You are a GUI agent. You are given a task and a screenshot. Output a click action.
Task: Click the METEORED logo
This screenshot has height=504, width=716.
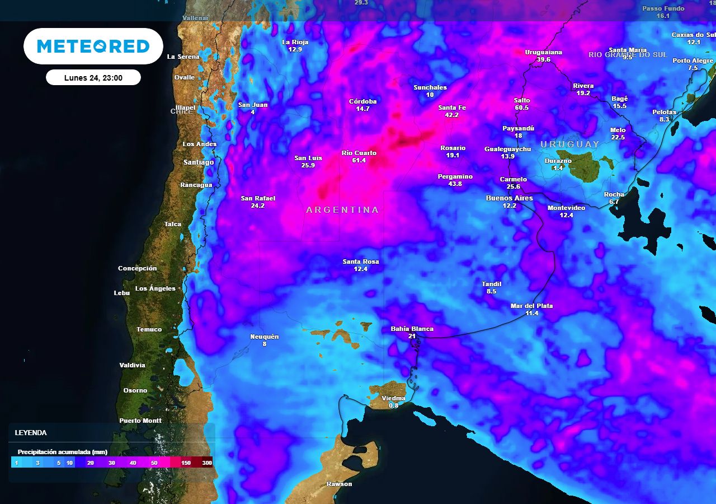click(x=93, y=46)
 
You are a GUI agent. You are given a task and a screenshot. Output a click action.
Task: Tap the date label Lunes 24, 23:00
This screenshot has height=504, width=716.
click(x=93, y=78)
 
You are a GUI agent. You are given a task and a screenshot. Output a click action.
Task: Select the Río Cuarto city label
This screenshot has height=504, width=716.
click(x=359, y=153)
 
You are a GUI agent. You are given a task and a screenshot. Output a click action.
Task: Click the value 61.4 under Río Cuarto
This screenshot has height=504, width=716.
click(x=359, y=160)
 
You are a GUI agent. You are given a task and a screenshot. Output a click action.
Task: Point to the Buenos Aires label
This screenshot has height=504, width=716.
click(x=509, y=198)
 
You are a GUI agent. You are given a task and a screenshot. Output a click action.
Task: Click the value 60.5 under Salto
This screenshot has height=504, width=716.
click(x=521, y=108)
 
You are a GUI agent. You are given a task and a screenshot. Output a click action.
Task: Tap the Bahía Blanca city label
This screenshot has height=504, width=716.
click(x=412, y=329)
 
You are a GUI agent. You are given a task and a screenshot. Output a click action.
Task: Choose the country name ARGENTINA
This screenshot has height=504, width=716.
click(x=342, y=210)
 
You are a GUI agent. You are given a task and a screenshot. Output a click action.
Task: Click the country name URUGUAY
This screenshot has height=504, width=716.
click(x=569, y=144)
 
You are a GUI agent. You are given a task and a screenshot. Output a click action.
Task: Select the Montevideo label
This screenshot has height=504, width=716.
click(x=566, y=208)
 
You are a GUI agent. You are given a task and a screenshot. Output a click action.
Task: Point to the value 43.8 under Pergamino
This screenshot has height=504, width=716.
click(x=455, y=184)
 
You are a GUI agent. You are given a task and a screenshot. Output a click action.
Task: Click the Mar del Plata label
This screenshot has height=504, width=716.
click(x=531, y=306)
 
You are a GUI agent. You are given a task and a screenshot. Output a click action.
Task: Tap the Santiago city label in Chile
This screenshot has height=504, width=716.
click(x=199, y=162)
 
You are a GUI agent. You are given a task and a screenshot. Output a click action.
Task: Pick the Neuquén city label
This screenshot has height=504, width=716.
click(x=264, y=337)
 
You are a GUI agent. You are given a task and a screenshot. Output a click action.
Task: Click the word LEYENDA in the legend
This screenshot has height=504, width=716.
click(x=31, y=433)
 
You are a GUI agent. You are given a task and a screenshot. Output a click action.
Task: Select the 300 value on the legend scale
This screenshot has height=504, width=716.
click(x=207, y=463)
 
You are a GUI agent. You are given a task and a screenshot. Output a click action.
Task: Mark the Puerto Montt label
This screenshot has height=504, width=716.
click(x=140, y=421)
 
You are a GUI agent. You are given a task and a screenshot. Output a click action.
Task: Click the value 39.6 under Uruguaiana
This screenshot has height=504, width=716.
click(x=543, y=59)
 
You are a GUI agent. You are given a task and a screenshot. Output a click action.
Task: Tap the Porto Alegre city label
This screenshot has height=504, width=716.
click(x=693, y=60)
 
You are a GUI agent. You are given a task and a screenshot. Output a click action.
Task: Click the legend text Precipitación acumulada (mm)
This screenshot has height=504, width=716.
click(x=62, y=452)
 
